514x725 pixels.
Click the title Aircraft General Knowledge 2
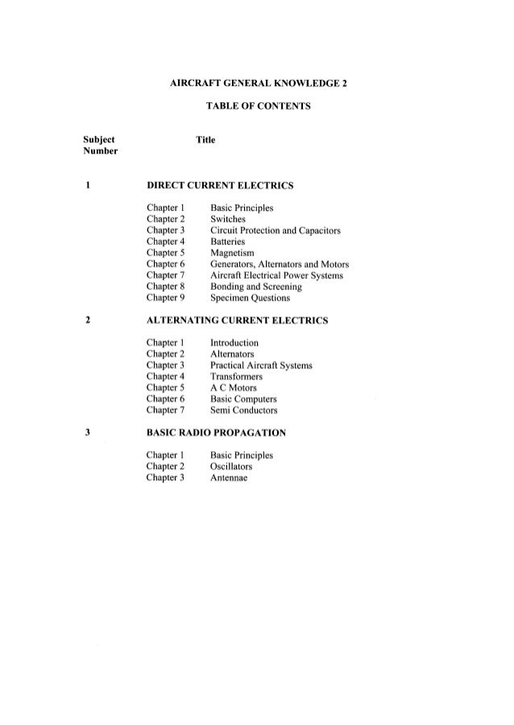(x=259, y=83)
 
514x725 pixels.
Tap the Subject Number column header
(x=100, y=146)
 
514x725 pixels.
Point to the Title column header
(x=205, y=140)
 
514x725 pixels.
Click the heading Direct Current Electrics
(x=218, y=186)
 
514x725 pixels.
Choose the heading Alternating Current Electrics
(x=236, y=321)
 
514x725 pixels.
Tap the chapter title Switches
(x=228, y=219)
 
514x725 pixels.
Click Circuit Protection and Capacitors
(x=275, y=230)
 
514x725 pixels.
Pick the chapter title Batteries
(x=229, y=242)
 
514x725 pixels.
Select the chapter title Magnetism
(x=232, y=253)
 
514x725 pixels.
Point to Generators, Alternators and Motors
(x=279, y=264)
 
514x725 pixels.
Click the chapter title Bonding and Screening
(x=256, y=287)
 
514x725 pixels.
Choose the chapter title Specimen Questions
(x=250, y=298)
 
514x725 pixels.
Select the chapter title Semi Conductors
(x=243, y=410)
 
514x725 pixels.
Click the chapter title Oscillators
(x=231, y=466)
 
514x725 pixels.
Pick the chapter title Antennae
(x=229, y=478)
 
